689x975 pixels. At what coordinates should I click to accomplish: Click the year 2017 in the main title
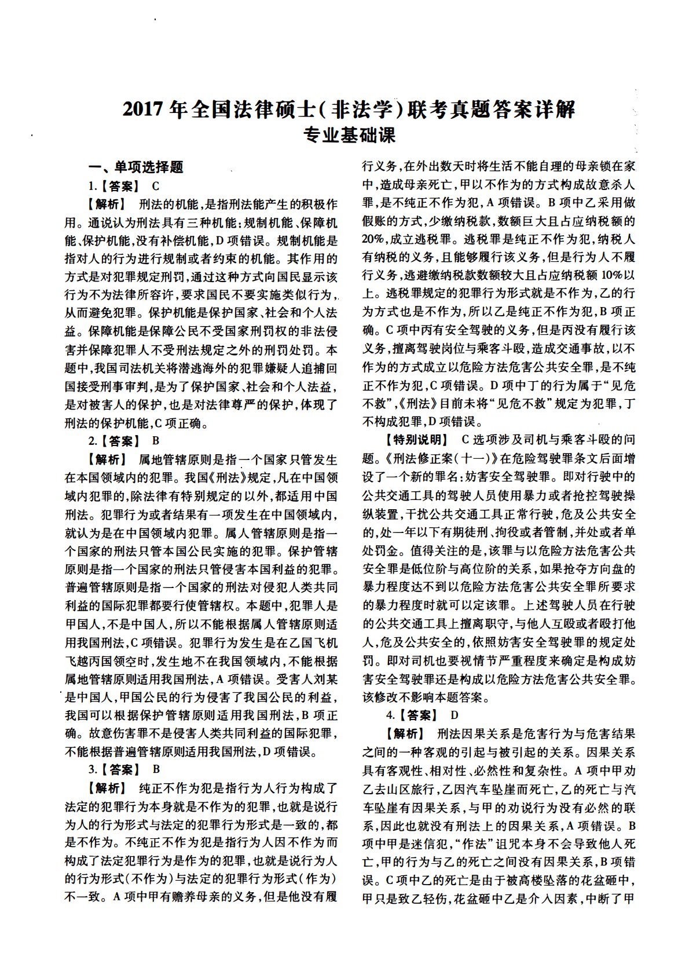tap(142, 109)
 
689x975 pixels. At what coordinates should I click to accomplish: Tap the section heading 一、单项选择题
tap(135, 167)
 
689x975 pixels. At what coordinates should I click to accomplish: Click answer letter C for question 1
tap(155, 187)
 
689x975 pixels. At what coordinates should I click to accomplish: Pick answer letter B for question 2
tap(155, 441)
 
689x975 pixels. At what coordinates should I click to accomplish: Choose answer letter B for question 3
tap(155, 770)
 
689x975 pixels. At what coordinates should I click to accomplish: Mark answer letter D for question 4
tap(455, 715)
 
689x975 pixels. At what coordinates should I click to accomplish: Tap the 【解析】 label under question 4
tap(405, 733)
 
